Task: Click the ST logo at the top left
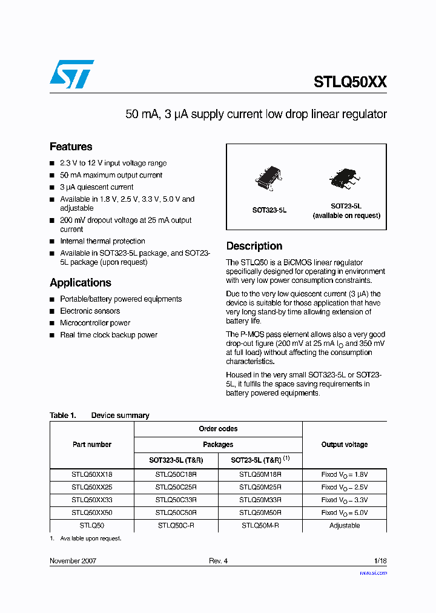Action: (71, 75)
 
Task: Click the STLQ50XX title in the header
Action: (350, 82)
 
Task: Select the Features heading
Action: (71, 147)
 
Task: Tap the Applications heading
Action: (81, 283)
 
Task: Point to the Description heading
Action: (254, 246)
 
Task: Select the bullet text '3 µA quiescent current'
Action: (97, 187)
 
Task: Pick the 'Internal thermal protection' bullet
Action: (102, 241)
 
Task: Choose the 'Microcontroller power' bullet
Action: (95, 323)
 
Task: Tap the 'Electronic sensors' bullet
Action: (90, 311)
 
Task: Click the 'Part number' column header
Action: (92, 445)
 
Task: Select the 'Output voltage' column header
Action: (344, 445)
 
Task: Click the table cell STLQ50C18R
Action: (176, 475)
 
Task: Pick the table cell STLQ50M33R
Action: (260, 500)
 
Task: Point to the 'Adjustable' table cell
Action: (344, 526)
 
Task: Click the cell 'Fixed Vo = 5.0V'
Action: (344, 513)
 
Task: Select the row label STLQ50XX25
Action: (92, 488)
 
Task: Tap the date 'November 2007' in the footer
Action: (73, 561)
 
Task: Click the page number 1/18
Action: (380, 561)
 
